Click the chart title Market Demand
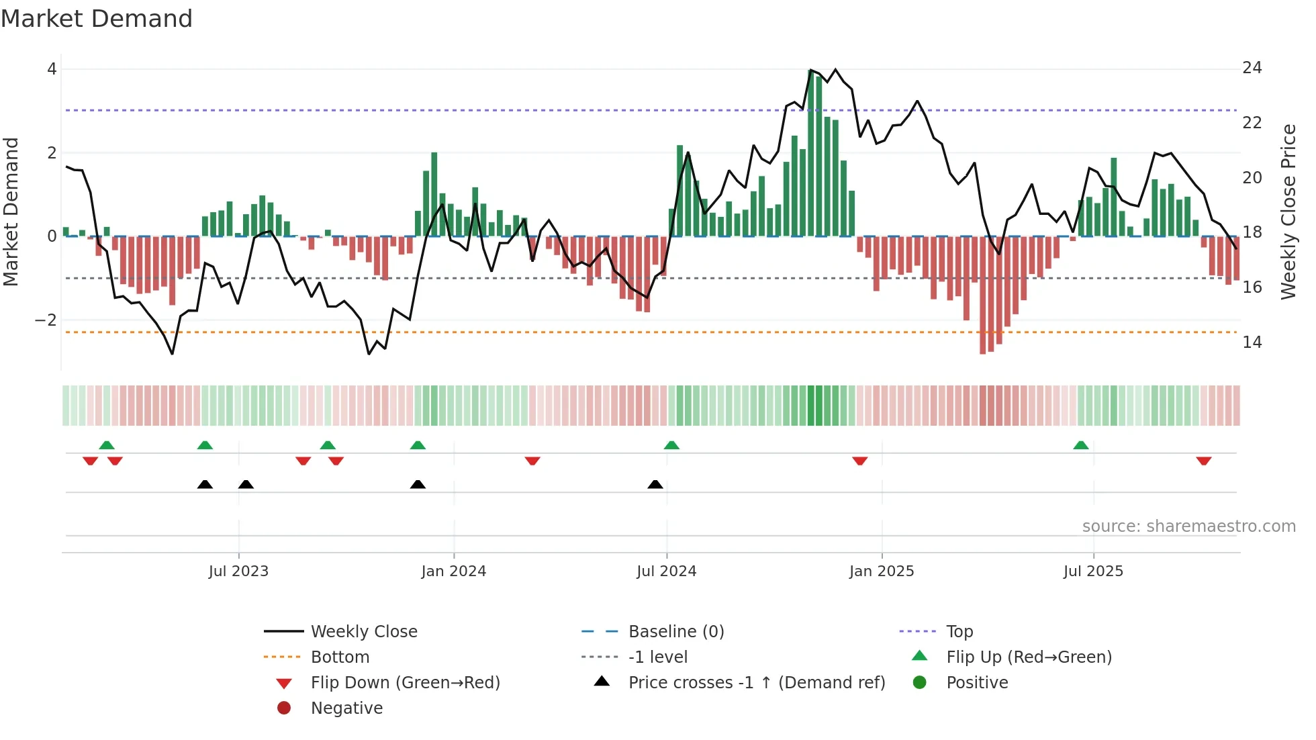pyautogui.click(x=97, y=19)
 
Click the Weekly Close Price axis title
pyautogui.click(x=1288, y=212)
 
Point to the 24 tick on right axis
pyautogui.click(x=1252, y=68)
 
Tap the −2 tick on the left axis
pyautogui.click(x=46, y=320)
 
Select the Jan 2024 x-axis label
pyautogui.click(x=453, y=571)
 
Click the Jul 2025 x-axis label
pyautogui.click(x=1092, y=571)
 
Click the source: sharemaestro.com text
pyautogui.click(x=1188, y=526)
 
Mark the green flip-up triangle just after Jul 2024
pyautogui.click(x=671, y=445)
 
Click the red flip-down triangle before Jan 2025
pyautogui.click(x=859, y=461)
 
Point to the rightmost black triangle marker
pyautogui.click(x=655, y=484)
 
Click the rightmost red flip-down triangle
pyautogui.click(x=1203, y=461)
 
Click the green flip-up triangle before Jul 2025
pyautogui.click(x=1080, y=445)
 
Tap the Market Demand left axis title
pyautogui.click(x=11, y=212)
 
